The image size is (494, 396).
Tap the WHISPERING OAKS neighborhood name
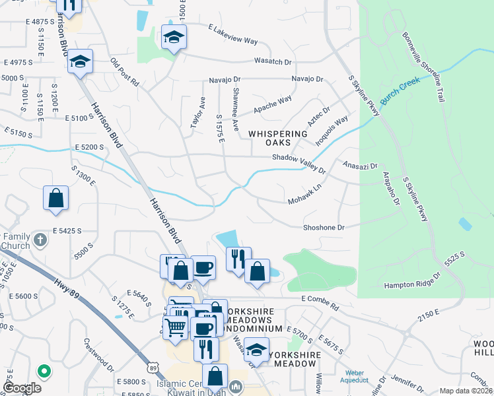pyautogui.click(x=278, y=139)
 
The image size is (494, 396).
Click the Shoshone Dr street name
pyautogui.click(x=324, y=228)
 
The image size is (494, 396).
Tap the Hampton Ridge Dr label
pyautogui.click(x=412, y=285)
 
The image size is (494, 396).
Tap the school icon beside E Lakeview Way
pyautogui.click(x=174, y=38)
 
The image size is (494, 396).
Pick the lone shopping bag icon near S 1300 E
pyautogui.click(x=56, y=199)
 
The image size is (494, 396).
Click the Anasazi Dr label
pyautogui.click(x=359, y=166)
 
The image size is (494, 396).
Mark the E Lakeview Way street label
pyautogui.click(x=232, y=34)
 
